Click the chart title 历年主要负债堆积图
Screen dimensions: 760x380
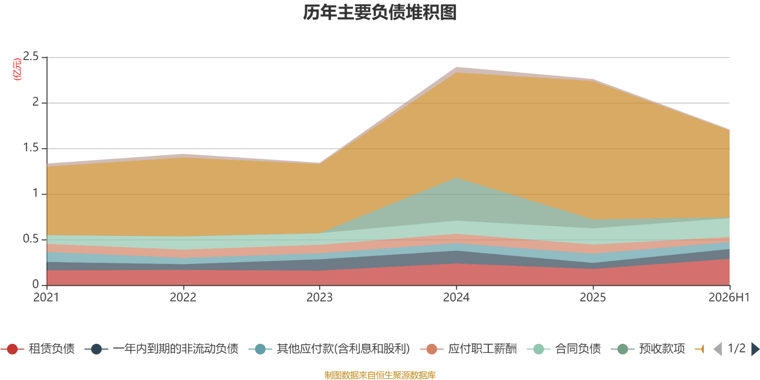tap(380, 12)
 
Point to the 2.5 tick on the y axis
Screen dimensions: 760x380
tap(31, 57)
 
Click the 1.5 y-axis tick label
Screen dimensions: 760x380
tap(31, 148)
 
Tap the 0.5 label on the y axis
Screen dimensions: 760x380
tap(31, 239)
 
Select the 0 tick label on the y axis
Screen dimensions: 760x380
tap(36, 285)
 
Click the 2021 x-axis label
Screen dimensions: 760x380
tap(47, 297)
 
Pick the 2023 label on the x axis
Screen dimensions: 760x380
tap(320, 297)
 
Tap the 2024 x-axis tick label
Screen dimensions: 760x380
tap(456, 297)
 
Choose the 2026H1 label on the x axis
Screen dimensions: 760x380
tap(729, 297)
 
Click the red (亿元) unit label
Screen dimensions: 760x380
tap(17, 69)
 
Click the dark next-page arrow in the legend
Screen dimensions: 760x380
tap(755, 349)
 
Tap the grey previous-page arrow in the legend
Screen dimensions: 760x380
tap(718, 349)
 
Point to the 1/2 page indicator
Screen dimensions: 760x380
tap(737, 349)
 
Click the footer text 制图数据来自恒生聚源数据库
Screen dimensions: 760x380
tap(380, 375)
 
